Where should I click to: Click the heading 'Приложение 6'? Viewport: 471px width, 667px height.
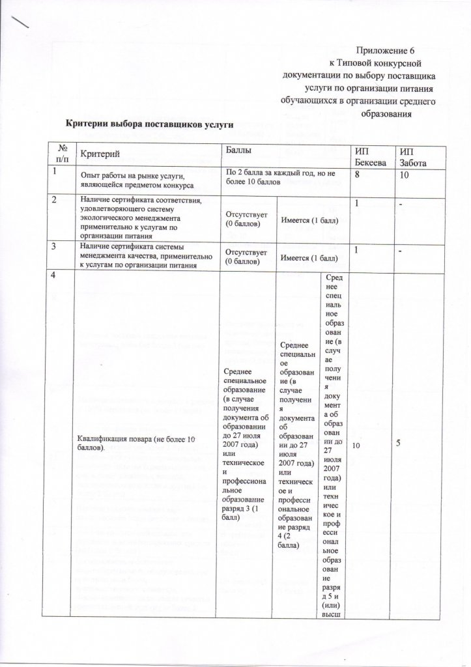tap(387, 50)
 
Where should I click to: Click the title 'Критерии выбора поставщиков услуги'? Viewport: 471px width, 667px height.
tap(147, 122)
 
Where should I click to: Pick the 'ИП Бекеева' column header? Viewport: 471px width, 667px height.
tap(369, 156)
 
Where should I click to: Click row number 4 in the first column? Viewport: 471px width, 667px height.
tap(57, 276)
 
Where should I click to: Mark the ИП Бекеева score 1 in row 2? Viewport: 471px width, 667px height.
tap(357, 204)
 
